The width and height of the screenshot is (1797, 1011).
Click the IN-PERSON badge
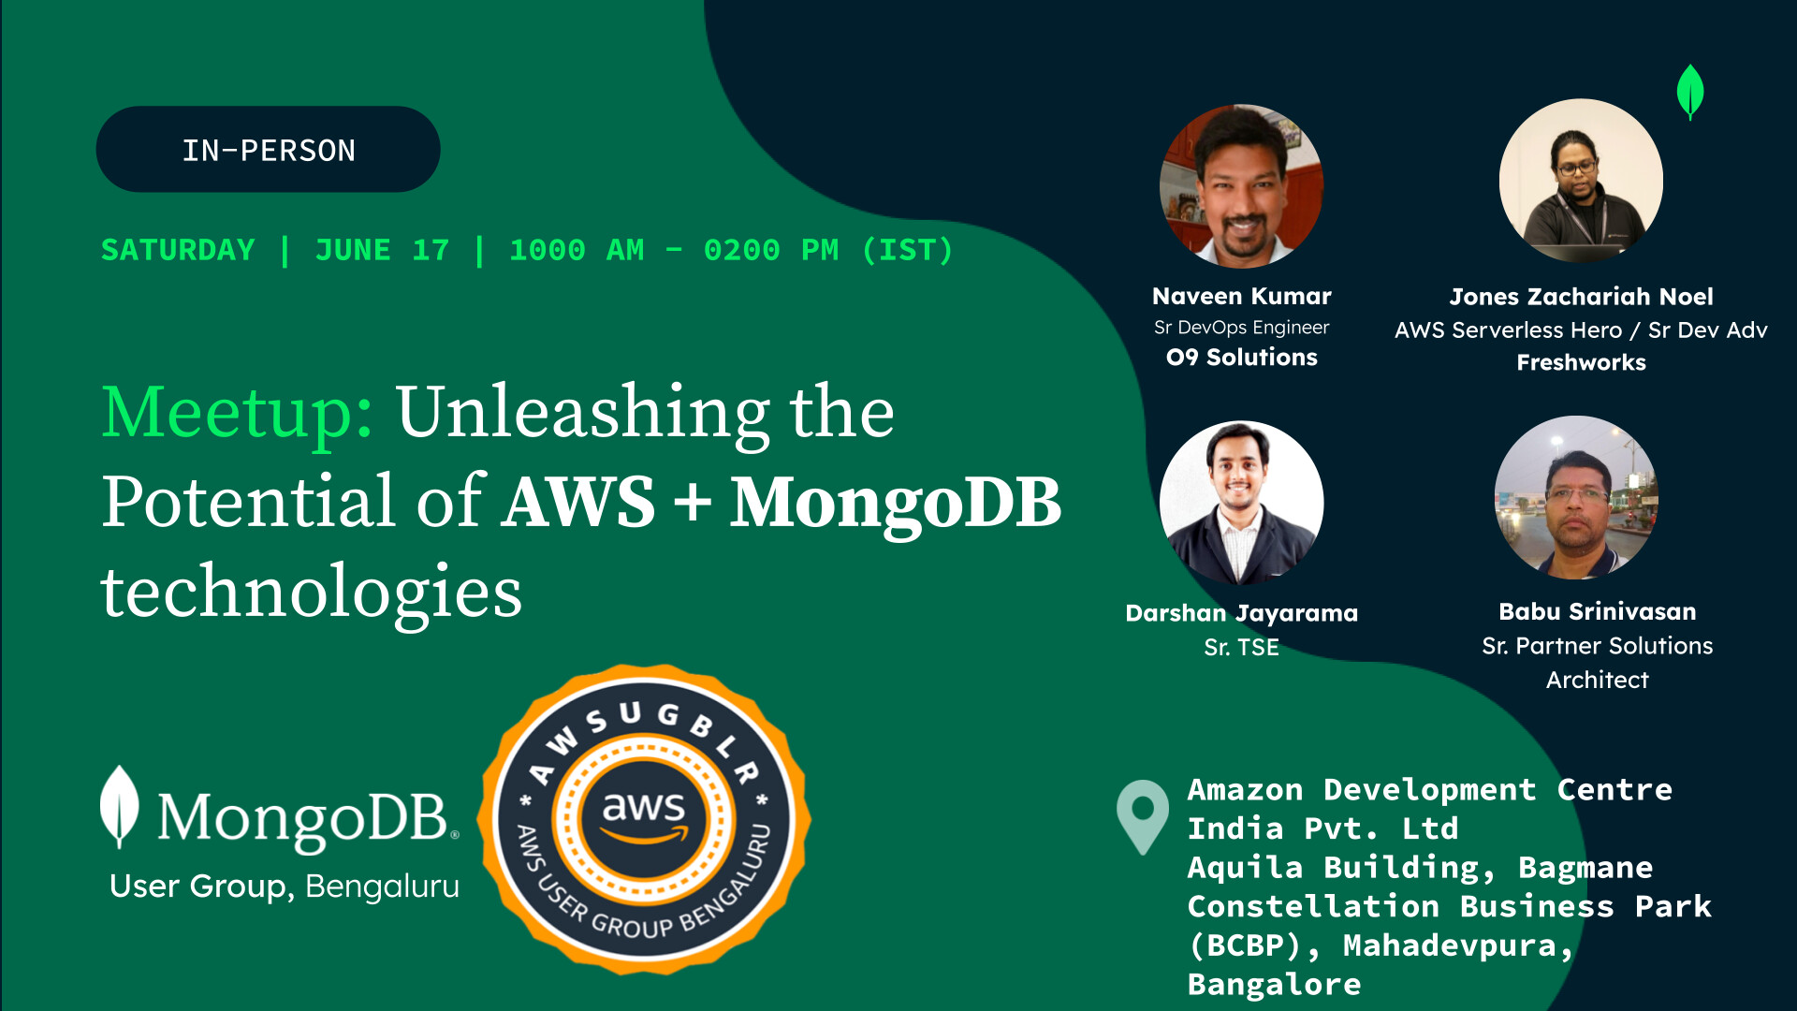(x=268, y=150)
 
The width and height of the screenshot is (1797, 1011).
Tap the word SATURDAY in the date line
(x=178, y=251)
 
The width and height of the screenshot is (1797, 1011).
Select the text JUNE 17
(x=382, y=251)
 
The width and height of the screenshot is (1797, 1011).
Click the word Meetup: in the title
(x=238, y=413)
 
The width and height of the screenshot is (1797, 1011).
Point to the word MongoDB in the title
(x=896, y=503)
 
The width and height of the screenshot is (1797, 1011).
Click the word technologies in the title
(x=311, y=592)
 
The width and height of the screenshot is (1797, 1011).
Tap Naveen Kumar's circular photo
(x=1241, y=185)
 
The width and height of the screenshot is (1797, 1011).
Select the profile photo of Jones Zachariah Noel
(x=1581, y=181)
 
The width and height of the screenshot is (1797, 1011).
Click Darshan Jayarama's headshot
(x=1241, y=503)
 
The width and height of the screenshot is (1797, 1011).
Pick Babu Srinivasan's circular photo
(x=1576, y=498)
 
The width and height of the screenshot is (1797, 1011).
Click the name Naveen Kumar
(x=1241, y=297)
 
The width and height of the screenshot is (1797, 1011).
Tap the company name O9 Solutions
(x=1241, y=358)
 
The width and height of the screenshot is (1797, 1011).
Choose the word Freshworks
(x=1581, y=362)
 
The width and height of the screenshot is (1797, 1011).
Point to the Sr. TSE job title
(x=1241, y=647)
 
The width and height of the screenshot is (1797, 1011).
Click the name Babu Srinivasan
(x=1597, y=612)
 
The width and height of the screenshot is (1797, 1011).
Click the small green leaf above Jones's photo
(x=1690, y=92)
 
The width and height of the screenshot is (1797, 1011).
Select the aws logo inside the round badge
(x=644, y=813)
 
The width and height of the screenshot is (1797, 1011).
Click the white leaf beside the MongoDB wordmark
(x=119, y=806)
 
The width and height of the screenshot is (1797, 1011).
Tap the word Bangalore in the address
(x=1274, y=985)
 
